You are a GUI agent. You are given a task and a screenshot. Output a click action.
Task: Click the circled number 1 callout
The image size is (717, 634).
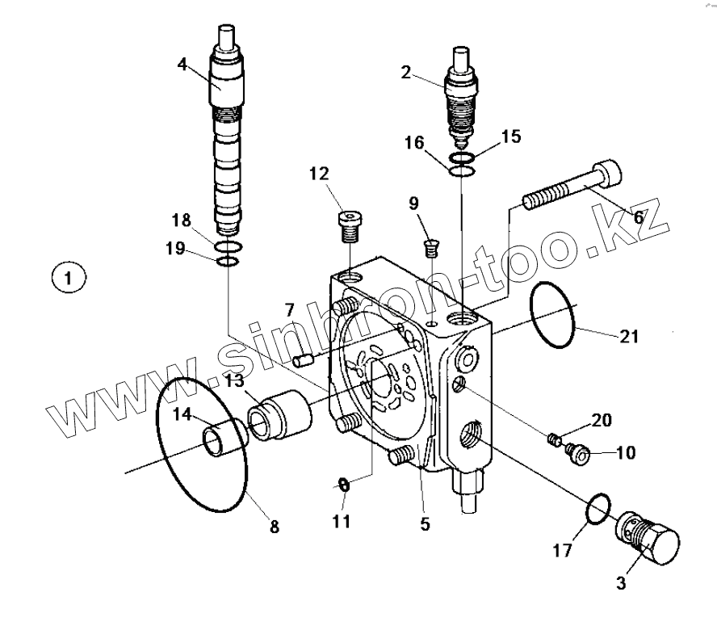69,279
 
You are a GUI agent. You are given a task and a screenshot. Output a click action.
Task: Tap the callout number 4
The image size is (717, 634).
183,63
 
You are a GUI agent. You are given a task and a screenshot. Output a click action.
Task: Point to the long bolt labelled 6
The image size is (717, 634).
572,187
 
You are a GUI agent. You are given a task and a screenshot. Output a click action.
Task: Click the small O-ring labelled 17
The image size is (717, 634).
597,510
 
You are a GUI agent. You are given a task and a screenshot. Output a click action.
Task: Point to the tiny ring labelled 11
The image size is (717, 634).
343,485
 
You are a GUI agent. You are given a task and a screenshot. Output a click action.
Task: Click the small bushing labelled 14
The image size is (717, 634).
224,441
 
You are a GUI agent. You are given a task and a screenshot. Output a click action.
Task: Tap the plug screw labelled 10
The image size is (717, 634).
577,453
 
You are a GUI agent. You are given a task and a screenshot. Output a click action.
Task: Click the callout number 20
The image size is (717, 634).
601,420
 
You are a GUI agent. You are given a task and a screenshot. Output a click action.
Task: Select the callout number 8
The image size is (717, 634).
274,527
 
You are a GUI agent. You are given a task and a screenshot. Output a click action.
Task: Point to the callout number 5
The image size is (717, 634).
425,524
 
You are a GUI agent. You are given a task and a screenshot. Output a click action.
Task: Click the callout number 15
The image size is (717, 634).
511,136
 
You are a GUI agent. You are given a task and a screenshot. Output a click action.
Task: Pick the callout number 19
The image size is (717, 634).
175,250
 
